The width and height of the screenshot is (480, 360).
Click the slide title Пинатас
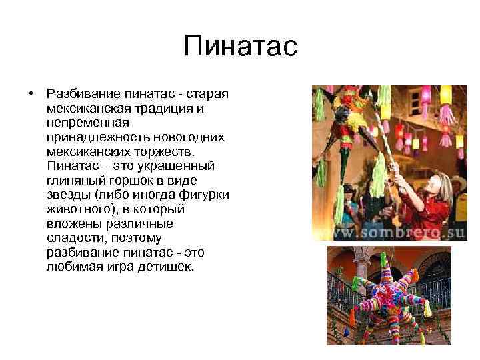click(239, 47)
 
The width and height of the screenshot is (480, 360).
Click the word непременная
click(89, 122)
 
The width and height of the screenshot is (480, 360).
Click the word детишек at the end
click(167, 267)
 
